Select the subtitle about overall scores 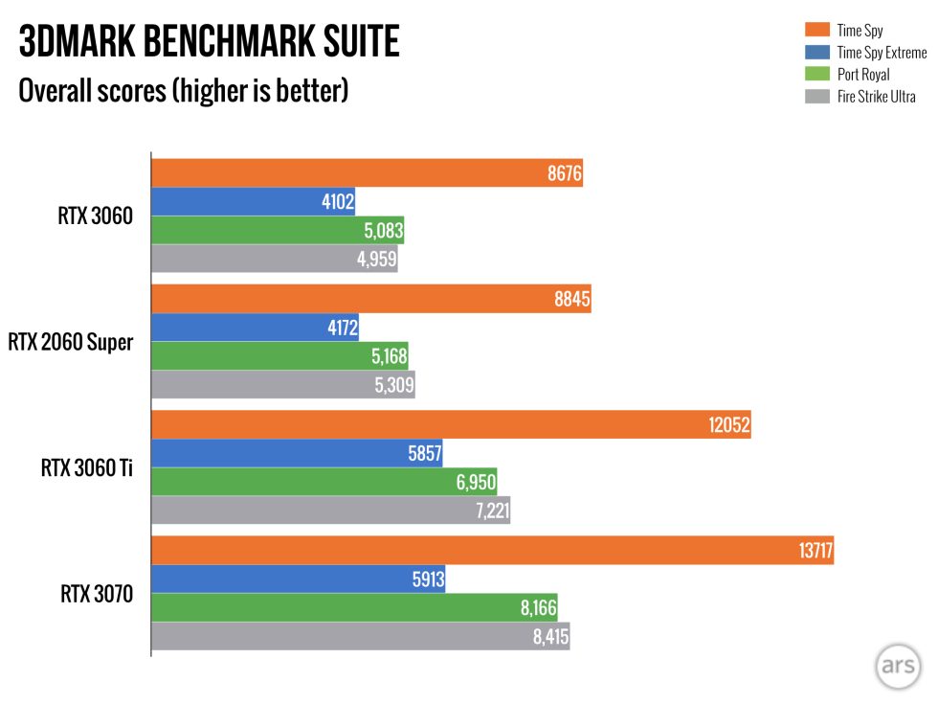point(183,91)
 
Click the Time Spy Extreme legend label point(881,54)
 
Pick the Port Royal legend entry point(862,75)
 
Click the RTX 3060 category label point(95,216)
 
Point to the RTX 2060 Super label point(71,342)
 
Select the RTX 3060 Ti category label point(87,468)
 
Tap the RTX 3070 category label point(97,595)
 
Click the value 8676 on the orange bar point(564,174)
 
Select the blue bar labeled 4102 point(254,202)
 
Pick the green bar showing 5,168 point(279,356)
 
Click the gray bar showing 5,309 point(283,385)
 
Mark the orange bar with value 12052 point(451,425)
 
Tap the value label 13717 point(813,551)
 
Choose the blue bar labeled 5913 point(299,579)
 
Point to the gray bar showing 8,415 point(361,637)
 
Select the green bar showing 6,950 point(324,482)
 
